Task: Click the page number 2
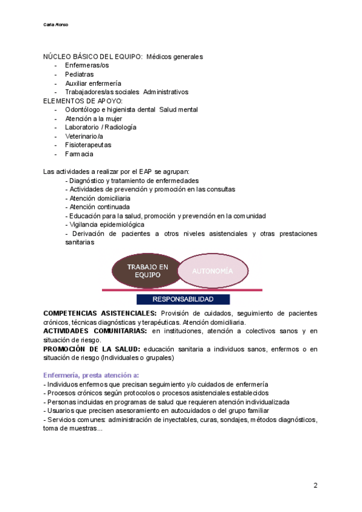pyautogui.click(x=316, y=486)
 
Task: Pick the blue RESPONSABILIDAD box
pyautogui.click(x=183, y=299)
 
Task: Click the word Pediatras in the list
pyautogui.click(x=80, y=74)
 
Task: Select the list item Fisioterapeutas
pyautogui.click(x=87, y=145)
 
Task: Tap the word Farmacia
pyautogui.click(x=79, y=154)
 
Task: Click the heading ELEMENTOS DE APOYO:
pyautogui.click(x=83, y=101)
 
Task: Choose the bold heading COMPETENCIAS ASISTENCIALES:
pyautogui.click(x=100, y=313)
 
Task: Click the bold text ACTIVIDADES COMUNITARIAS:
pyautogui.click(x=97, y=331)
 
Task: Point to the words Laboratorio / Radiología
pyautogui.click(x=101, y=127)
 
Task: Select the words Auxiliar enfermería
pyautogui.click(x=93, y=83)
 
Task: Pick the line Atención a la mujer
pyautogui.click(x=94, y=118)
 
